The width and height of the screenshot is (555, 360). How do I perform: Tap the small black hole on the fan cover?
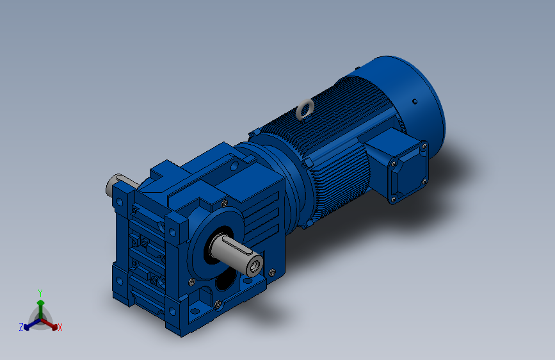415,102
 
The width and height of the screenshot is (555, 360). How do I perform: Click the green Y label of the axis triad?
40,293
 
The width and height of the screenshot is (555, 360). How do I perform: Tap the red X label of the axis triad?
60,327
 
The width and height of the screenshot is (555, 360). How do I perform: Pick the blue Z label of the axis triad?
21,327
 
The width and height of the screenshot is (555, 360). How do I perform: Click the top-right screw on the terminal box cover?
424,145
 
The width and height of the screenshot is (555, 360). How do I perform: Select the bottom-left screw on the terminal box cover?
392,199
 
